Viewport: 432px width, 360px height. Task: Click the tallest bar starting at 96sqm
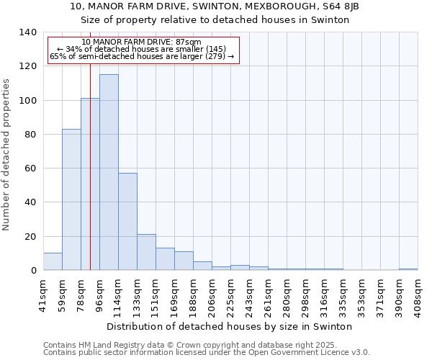click(109, 173)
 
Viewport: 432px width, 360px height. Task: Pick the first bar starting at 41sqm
click(53, 262)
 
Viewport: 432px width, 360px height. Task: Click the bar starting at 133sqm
click(146, 253)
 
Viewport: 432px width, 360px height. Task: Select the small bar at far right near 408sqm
click(408, 269)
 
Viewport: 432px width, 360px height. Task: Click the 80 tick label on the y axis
click(30, 135)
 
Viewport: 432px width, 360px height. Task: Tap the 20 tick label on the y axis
click(30, 237)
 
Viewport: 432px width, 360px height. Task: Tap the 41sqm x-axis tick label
click(43, 294)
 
